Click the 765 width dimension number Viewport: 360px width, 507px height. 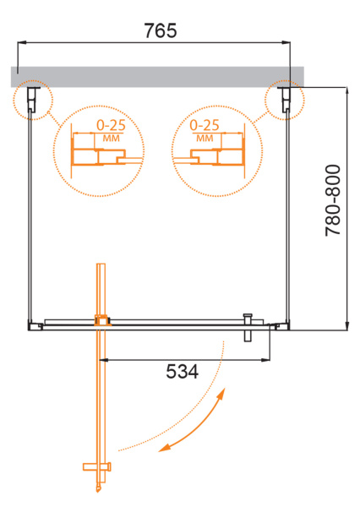point(161,32)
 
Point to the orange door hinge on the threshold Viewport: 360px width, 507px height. point(102,320)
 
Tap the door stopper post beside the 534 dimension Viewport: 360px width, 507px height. point(248,326)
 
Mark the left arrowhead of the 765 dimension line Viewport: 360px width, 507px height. point(21,43)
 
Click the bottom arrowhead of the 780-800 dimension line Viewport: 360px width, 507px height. point(346,325)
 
